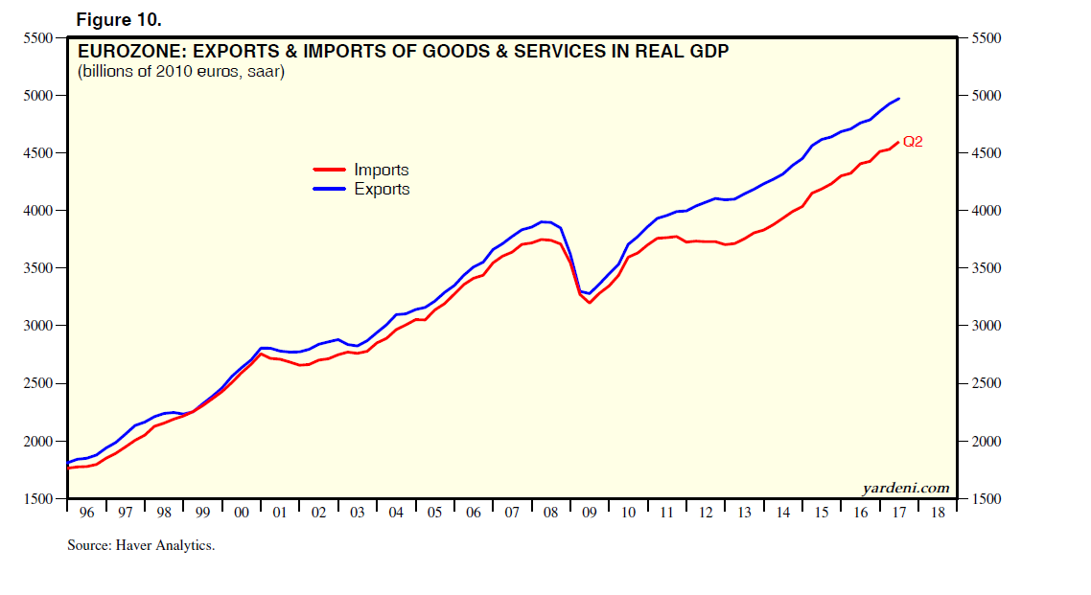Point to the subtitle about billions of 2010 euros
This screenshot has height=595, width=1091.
181,72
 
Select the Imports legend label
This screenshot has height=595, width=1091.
382,171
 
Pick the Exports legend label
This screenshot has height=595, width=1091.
382,190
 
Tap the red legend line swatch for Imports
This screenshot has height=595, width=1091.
330,170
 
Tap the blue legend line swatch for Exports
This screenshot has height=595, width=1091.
330,189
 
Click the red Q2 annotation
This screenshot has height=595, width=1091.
913,143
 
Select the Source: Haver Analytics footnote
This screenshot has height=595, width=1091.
140,545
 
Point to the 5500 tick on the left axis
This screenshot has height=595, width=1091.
36,38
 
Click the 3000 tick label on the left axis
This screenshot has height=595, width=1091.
36,326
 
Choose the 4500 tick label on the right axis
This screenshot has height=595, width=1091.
987,153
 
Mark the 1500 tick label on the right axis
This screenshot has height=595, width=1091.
987,499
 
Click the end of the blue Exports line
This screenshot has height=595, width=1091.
899,99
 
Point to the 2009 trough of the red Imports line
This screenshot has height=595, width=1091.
590,303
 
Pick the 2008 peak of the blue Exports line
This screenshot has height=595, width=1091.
545,221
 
